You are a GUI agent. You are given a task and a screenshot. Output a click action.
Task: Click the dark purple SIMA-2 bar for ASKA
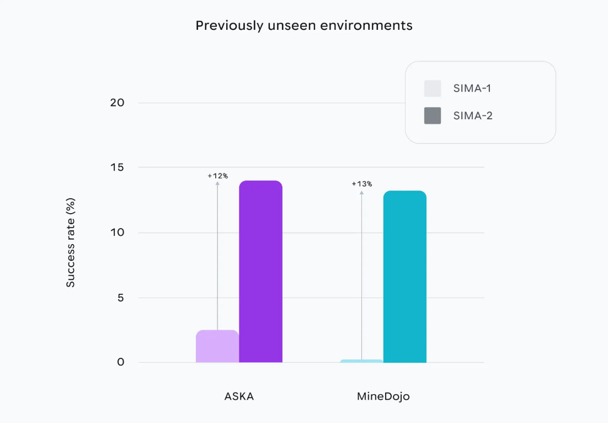[x=260, y=271]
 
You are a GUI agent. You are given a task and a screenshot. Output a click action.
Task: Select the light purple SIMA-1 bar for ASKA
[x=217, y=346]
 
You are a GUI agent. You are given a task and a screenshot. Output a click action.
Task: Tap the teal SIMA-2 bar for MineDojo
[x=404, y=276]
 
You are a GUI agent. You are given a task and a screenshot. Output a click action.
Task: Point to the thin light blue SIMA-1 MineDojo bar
[x=361, y=361]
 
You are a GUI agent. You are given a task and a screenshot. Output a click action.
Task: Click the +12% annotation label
[x=217, y=176]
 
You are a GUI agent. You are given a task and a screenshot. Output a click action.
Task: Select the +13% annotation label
[x=361, y=184]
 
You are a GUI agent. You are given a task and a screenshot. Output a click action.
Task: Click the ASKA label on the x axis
[x=239, y=396]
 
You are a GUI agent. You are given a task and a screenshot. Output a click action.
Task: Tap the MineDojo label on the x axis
[x=383, y=396]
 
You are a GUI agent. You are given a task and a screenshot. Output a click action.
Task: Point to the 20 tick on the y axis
[x=117, y=103]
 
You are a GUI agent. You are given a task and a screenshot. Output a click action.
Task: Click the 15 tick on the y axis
[x=117, y=167]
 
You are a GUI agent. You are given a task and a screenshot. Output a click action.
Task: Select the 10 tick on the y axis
[x=117, y=232]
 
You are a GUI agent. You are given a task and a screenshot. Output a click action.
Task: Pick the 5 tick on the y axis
[x=120, y=298]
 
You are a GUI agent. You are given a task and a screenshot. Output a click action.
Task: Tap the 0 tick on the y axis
[x=120, y=362]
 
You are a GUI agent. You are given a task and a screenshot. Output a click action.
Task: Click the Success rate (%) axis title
[x=71, y=243]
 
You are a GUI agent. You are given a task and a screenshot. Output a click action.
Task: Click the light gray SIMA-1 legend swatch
[x=433, y=88]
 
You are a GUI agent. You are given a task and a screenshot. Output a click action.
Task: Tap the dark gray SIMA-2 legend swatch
[x=433, y=115]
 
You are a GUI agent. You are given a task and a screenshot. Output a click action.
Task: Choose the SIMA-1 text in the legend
[x=472, y=88]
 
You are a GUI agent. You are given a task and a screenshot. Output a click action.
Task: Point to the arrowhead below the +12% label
[x=217, y=183]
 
